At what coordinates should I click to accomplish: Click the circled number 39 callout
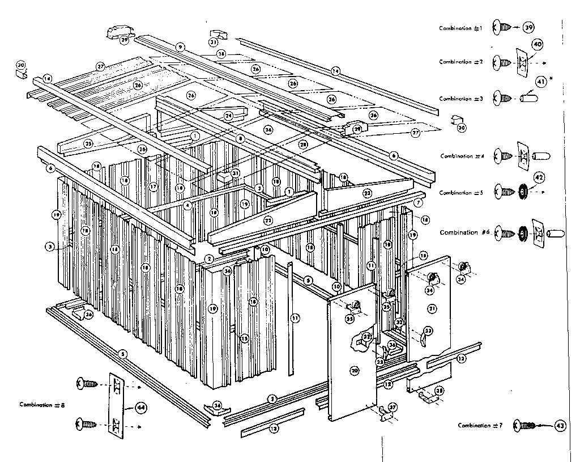pyautogui.click(x=529, y=27)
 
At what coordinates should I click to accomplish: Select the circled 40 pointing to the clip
pyautogui.click(x=538, y=44)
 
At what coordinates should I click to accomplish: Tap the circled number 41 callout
pyautogui.click(x=540, y=82)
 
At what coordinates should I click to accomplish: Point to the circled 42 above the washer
pyautogui.click(x=539, y=177)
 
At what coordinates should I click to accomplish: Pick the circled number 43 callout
pyautogui.click(x=560, y=425)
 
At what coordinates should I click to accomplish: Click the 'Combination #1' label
pyautogui.click(x=460, y=28)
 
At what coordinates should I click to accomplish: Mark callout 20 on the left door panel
pyautogui.click(x=355, y=371)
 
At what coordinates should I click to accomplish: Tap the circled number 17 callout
pyautogui.click(x=152, y=186)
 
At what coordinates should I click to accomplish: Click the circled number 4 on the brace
pyautogui.click(x=187, y=206)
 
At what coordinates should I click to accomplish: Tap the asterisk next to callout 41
pyautogui.click(x=551, y=77)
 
